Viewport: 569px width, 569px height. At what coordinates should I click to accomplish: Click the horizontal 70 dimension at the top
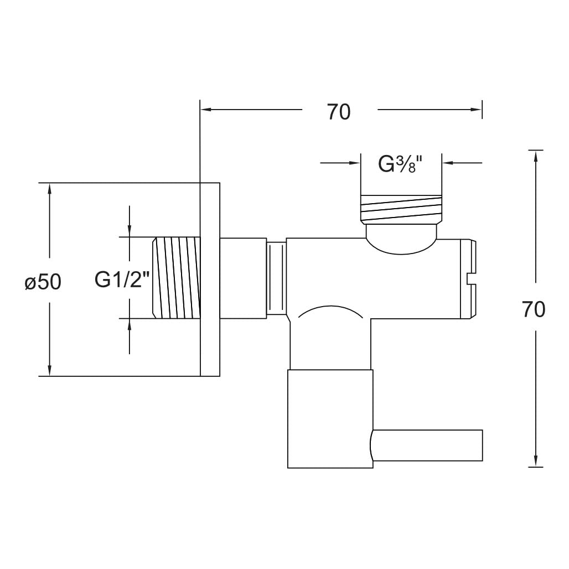pyautogui.click(x=339, y=112)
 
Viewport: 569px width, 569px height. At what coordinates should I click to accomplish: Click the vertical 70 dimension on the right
pyautogui.click(x=534, y=309)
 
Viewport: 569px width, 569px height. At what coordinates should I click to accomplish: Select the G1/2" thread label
pyautogui.click(x=122, y=280)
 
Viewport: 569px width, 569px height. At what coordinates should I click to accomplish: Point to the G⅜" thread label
pyautogui.click(x=401, y=164)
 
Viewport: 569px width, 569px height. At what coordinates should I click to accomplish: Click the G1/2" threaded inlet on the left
pyautogui.click(x=177, y=278)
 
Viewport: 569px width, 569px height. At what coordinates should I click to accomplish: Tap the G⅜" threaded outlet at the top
pyautogui.click(x=401, y=209)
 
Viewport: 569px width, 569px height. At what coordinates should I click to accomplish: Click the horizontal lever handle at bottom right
pyautogui.click(x=427, y=445)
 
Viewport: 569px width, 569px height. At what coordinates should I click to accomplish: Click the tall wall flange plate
pyautogui.click(x=210, y=279)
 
